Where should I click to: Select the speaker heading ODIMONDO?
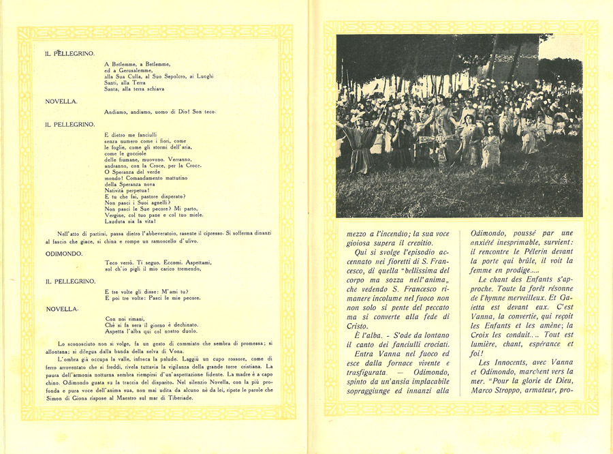point(64,253)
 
